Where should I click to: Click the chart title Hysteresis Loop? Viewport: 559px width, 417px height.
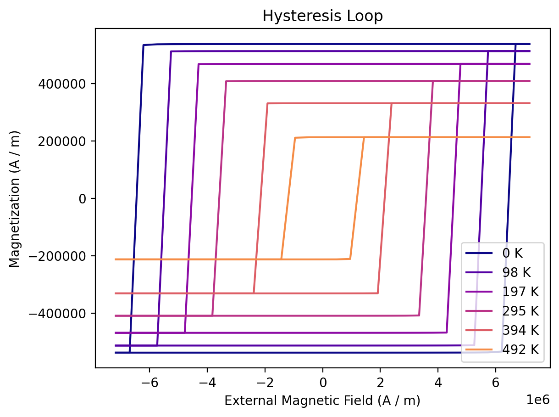coord(322,16)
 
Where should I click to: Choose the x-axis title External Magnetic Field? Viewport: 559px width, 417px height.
coord(322,401)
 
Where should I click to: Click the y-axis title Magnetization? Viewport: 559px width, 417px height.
coord(14,198)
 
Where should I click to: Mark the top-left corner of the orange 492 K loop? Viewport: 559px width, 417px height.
coord(295,138)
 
